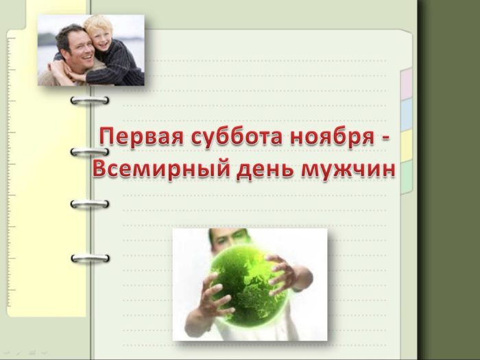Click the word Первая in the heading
141,137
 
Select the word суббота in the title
237,138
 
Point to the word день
265,170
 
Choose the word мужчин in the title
348,170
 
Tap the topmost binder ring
90,100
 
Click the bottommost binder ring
90,258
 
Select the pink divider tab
406,84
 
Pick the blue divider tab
406,115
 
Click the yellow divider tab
406,146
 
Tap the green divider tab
406,178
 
